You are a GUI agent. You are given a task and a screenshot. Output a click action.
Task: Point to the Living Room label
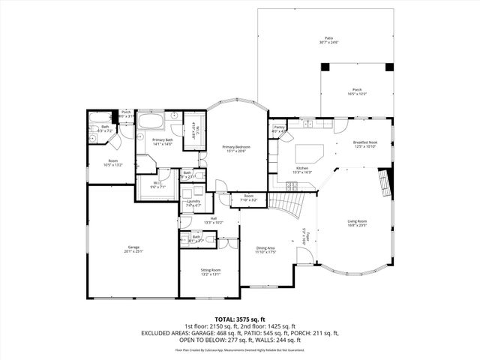[x=356, y=221]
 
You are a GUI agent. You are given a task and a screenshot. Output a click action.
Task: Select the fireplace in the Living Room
[x=385, y=181]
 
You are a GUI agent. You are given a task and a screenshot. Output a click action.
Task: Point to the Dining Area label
[x=265, y=249]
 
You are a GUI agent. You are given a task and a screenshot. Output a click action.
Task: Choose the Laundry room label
[x=193, y=201]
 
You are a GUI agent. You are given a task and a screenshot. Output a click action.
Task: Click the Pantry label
[x=279, y=128]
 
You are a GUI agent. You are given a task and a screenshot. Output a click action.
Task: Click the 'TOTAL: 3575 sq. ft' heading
[x=240, y=319]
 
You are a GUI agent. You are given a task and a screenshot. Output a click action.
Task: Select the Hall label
[x=193, y=220]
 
